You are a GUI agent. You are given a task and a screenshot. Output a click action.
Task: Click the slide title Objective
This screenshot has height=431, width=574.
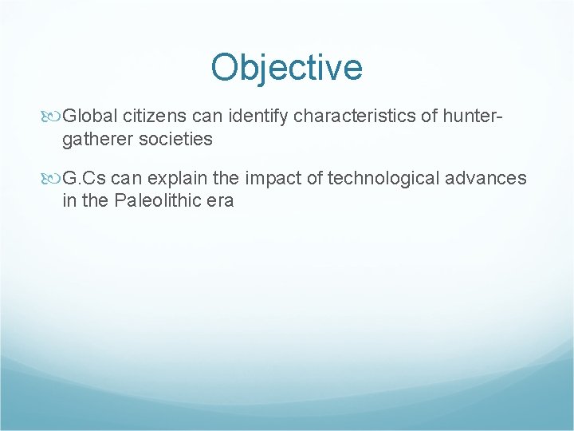[x=286, y=67]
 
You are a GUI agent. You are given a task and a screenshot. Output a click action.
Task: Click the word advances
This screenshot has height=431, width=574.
[x=489, y=178]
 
